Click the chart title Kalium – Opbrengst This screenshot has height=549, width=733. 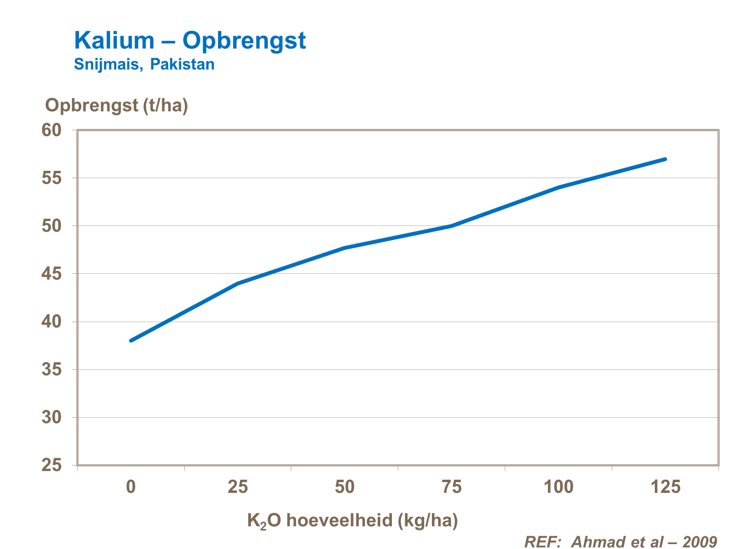[x=190, y=41]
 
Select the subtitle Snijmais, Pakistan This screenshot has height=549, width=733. [x=144, y=64]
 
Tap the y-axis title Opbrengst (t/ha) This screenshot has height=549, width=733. [x=116, y=105]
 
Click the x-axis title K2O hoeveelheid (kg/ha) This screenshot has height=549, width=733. [x=352, y=521]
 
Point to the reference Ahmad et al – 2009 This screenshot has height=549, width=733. [x=621, y=542]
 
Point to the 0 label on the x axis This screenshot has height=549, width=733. [x=131, y=487]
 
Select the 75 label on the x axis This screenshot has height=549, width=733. [x=452, y=487]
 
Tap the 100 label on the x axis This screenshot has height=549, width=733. [x=559, y=487]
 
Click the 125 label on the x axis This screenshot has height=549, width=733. [x=665, y=487]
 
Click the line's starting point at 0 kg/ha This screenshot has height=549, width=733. [x=131, y=341]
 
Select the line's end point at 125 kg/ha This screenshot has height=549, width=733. [x=665, y=159]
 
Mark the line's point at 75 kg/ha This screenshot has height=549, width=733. [x=452, y=226]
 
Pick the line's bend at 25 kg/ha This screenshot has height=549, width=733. [x=238, y=283]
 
